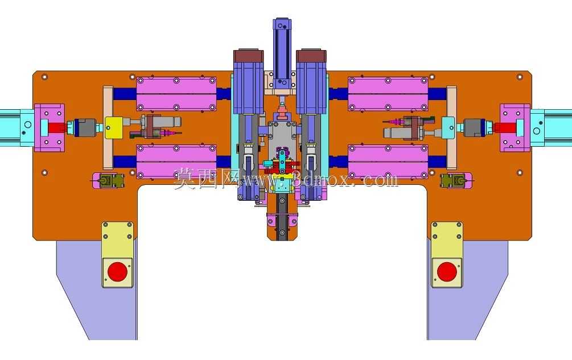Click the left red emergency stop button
117,272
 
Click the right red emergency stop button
447,272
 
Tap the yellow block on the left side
113,127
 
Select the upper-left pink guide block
176,94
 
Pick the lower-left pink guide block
176,162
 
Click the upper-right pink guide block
388,94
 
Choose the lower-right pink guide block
388,162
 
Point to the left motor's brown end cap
248,56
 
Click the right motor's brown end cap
311,56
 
